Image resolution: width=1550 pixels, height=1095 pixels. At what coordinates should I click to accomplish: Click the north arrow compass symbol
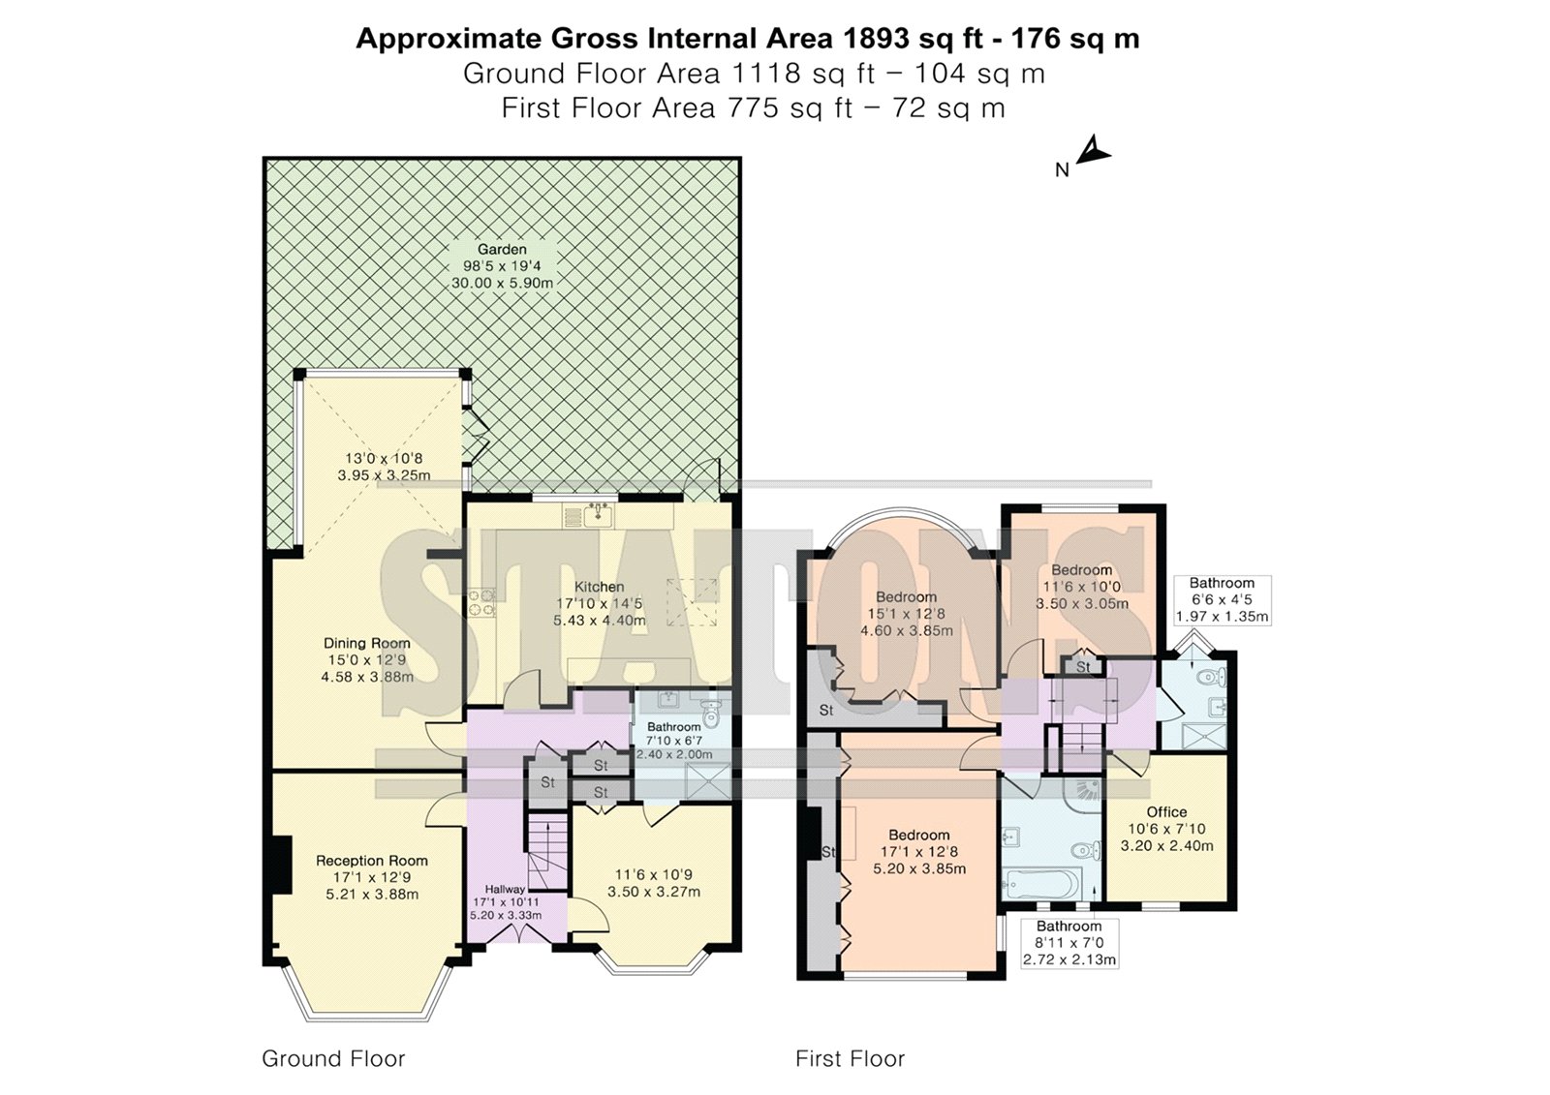pos(1092,151)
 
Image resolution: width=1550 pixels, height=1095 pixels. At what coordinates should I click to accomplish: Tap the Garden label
pos(502,250)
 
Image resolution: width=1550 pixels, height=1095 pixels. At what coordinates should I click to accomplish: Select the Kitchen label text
pos(600,587)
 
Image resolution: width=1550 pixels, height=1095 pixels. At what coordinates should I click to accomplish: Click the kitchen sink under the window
pos(598,515)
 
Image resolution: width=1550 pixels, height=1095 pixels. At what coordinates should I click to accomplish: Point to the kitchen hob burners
pos(481,602)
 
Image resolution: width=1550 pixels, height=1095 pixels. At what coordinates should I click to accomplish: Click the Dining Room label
pos(367,643)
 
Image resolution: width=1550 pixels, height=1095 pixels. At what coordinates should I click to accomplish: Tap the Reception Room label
pos(372,861)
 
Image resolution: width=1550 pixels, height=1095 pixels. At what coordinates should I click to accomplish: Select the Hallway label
pos(505,889)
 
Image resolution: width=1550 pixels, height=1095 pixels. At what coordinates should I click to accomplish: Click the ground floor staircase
pos(548,852)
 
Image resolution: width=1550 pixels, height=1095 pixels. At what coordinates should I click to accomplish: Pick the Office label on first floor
pos(1166,812)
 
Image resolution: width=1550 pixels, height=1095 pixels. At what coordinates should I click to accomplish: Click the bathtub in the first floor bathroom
pos(1042,885)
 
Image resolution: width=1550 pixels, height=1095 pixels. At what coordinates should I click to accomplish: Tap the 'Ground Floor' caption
pos(333,1058)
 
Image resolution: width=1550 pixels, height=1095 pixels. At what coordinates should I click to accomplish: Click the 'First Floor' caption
pos(850,1058)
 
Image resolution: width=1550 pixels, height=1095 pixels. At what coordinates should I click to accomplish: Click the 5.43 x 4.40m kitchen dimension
pos(600,621)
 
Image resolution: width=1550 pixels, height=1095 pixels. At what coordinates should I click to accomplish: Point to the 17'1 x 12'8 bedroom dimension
pos(919,852)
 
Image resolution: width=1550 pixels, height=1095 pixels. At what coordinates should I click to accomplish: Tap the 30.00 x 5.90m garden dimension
pos(503,283)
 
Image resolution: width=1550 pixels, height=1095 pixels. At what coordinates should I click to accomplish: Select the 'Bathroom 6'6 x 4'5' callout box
pos(1222,599)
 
